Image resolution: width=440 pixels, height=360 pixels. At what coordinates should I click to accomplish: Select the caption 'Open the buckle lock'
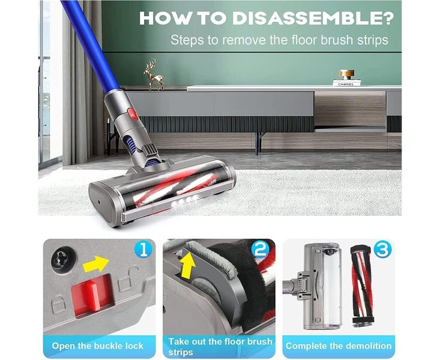(x=98, y=346)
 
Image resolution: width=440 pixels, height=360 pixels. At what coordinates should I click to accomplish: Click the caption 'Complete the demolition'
(x=338, y=346)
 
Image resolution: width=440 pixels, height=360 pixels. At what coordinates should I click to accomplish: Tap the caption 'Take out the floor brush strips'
(x=220, y=346)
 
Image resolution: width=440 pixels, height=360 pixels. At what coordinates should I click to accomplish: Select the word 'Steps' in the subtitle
(x=185, y=41)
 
